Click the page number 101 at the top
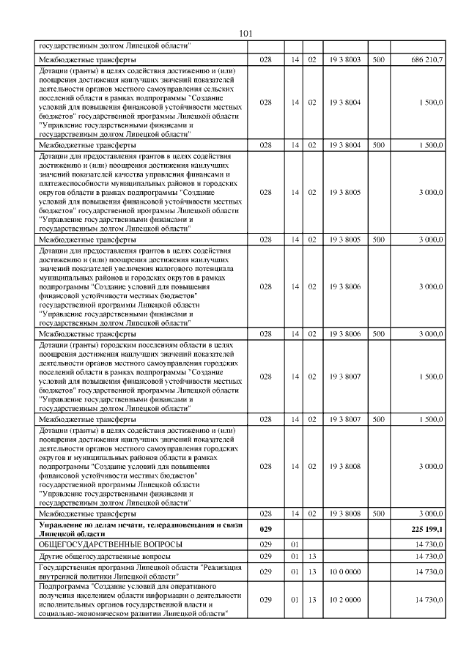245,33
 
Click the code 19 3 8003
345,58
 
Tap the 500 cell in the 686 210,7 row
379,58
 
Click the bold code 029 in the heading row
265,527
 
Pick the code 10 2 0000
345,599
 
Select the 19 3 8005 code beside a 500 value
345,239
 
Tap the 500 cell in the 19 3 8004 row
379,145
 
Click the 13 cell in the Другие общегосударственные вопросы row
311,556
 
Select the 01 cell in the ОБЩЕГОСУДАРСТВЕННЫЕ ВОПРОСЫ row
295,544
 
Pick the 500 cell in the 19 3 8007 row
379,420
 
